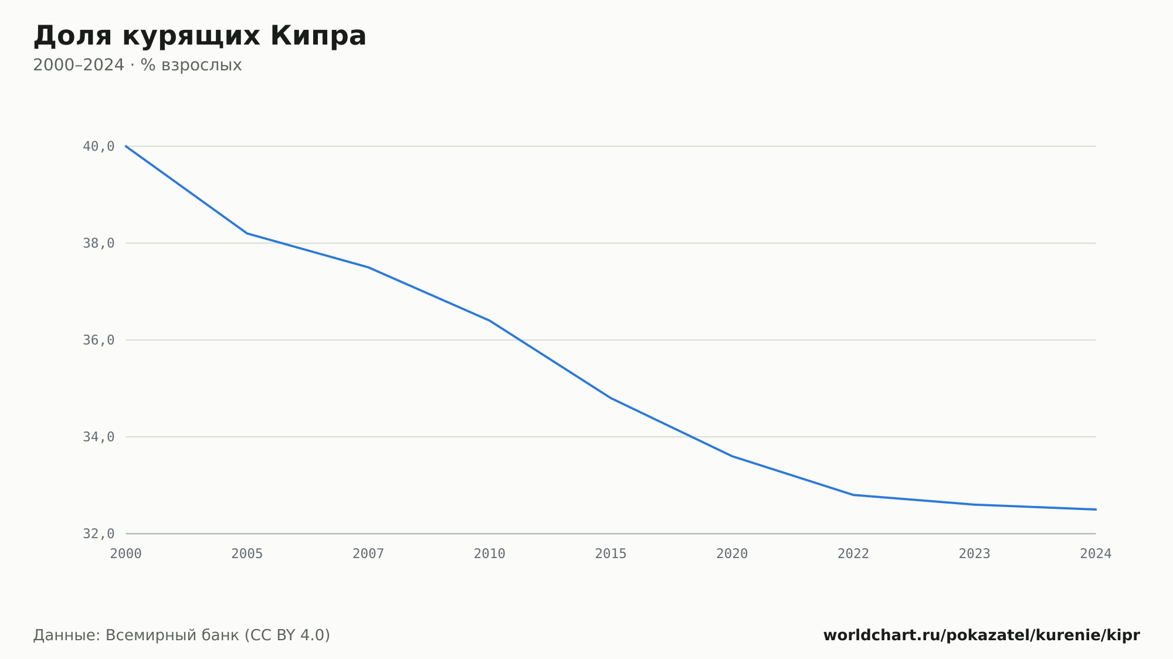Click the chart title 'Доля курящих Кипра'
click(199, 36)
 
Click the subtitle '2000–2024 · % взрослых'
click(137, 65)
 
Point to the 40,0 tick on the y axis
click(99, 147)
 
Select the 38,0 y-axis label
click(99, 243)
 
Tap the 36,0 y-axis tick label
click(99, 340)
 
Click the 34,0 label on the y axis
click(99, 437)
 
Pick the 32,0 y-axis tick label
click(99, 534)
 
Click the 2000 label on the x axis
click(126, 554)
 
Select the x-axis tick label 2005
click(247, 554)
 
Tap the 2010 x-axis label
click(490, 554)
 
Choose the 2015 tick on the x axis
click(611, 554)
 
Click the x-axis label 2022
click(853, 554)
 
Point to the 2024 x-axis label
click(1096, 554)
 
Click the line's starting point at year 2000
click(126, 146)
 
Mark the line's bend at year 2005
click(247, 233)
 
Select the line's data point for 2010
click(490, 321)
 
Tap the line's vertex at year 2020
click(732, 456)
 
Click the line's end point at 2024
click(1096, 509)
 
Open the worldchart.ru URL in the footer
click(982, 636)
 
